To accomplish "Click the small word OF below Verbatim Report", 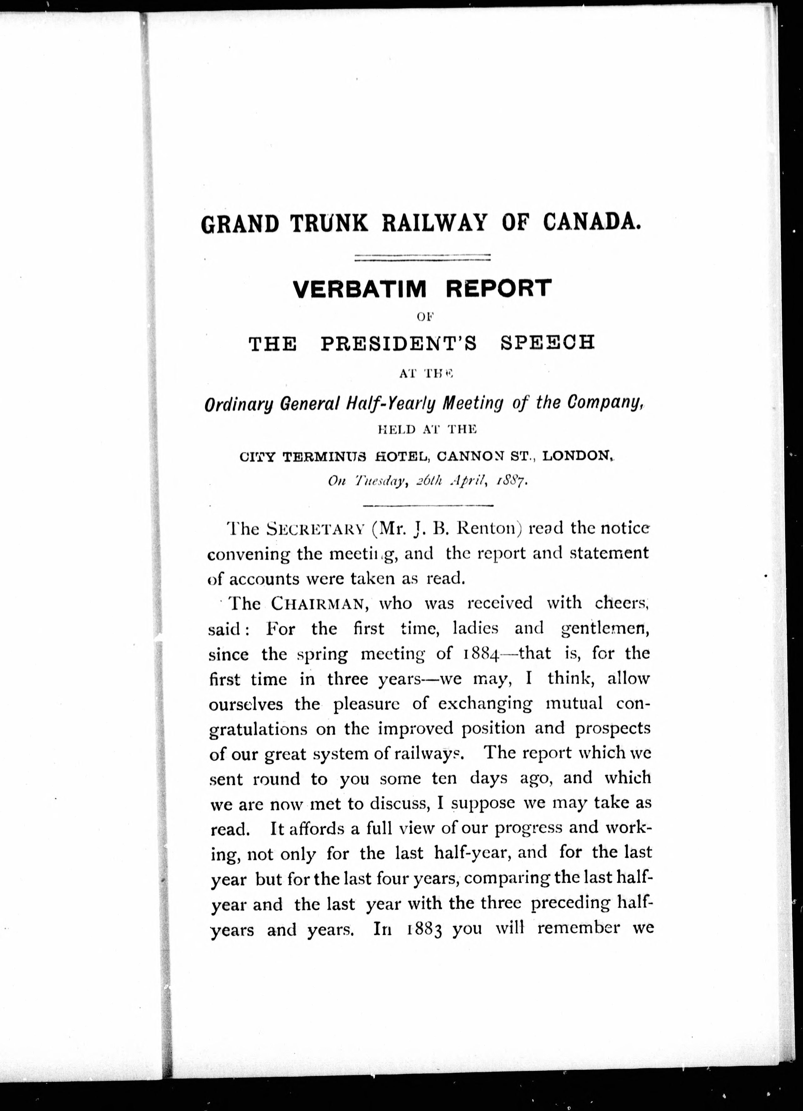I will pos(422,317).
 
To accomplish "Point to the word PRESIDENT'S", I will pos(399,343).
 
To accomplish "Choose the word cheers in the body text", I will pos(621,603).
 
